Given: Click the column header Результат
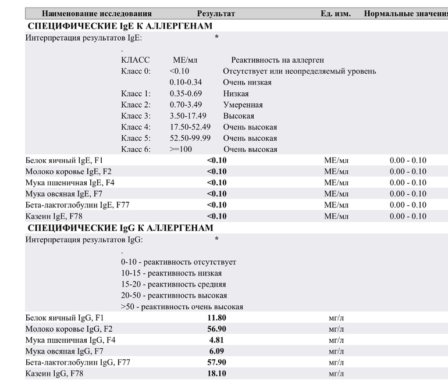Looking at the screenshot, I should click(216, 13).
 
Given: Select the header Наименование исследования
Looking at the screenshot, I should click(97, 13).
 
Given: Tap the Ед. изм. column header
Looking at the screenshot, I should click(336, 13).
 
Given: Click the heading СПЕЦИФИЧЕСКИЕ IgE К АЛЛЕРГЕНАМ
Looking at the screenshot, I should click(120, 26).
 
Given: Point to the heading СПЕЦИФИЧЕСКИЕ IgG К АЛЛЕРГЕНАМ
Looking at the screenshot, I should click(120, 228).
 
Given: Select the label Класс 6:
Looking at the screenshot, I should click(136, 149).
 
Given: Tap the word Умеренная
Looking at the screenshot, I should click(243, 105).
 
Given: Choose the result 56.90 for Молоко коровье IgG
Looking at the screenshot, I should click(216, 329).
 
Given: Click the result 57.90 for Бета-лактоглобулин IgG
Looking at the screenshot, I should click(216, 363).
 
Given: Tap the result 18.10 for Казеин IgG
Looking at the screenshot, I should click(216, 374).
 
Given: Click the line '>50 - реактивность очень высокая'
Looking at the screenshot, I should click(182, 307).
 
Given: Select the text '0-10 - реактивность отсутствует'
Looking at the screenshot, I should click(179, 262).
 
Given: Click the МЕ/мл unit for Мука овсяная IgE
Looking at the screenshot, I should click(336, 194).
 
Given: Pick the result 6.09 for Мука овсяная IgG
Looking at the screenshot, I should click(216, 352).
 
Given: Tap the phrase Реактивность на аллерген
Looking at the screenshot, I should click(278, 60).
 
